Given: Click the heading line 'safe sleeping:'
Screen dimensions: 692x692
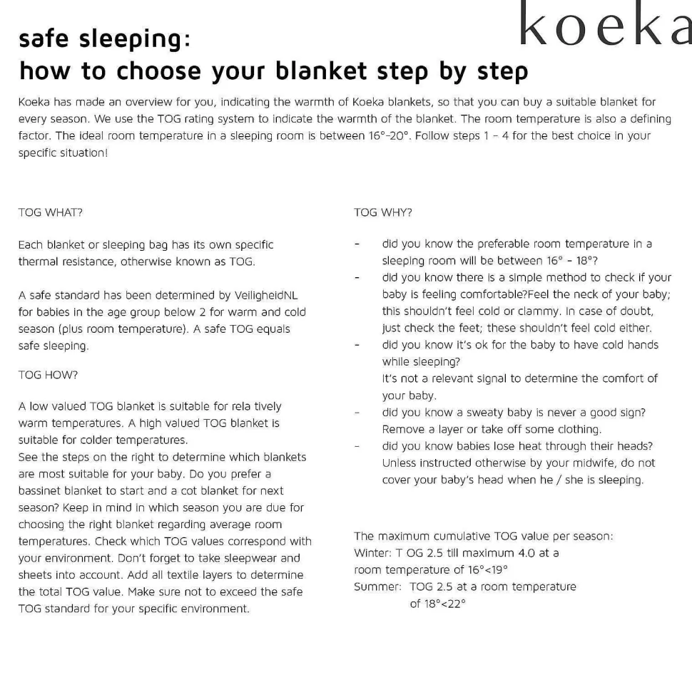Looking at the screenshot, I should click(105, 38).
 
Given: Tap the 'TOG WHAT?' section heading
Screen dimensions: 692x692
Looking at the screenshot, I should click(55, 212).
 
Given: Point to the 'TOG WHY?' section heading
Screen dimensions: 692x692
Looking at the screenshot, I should click(383, 212).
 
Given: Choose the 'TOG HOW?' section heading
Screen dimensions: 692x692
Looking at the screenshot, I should click(48, 374).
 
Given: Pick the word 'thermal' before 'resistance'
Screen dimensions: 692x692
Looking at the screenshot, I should click(38, 262).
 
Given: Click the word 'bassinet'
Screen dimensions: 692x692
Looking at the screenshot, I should click(40, 490).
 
